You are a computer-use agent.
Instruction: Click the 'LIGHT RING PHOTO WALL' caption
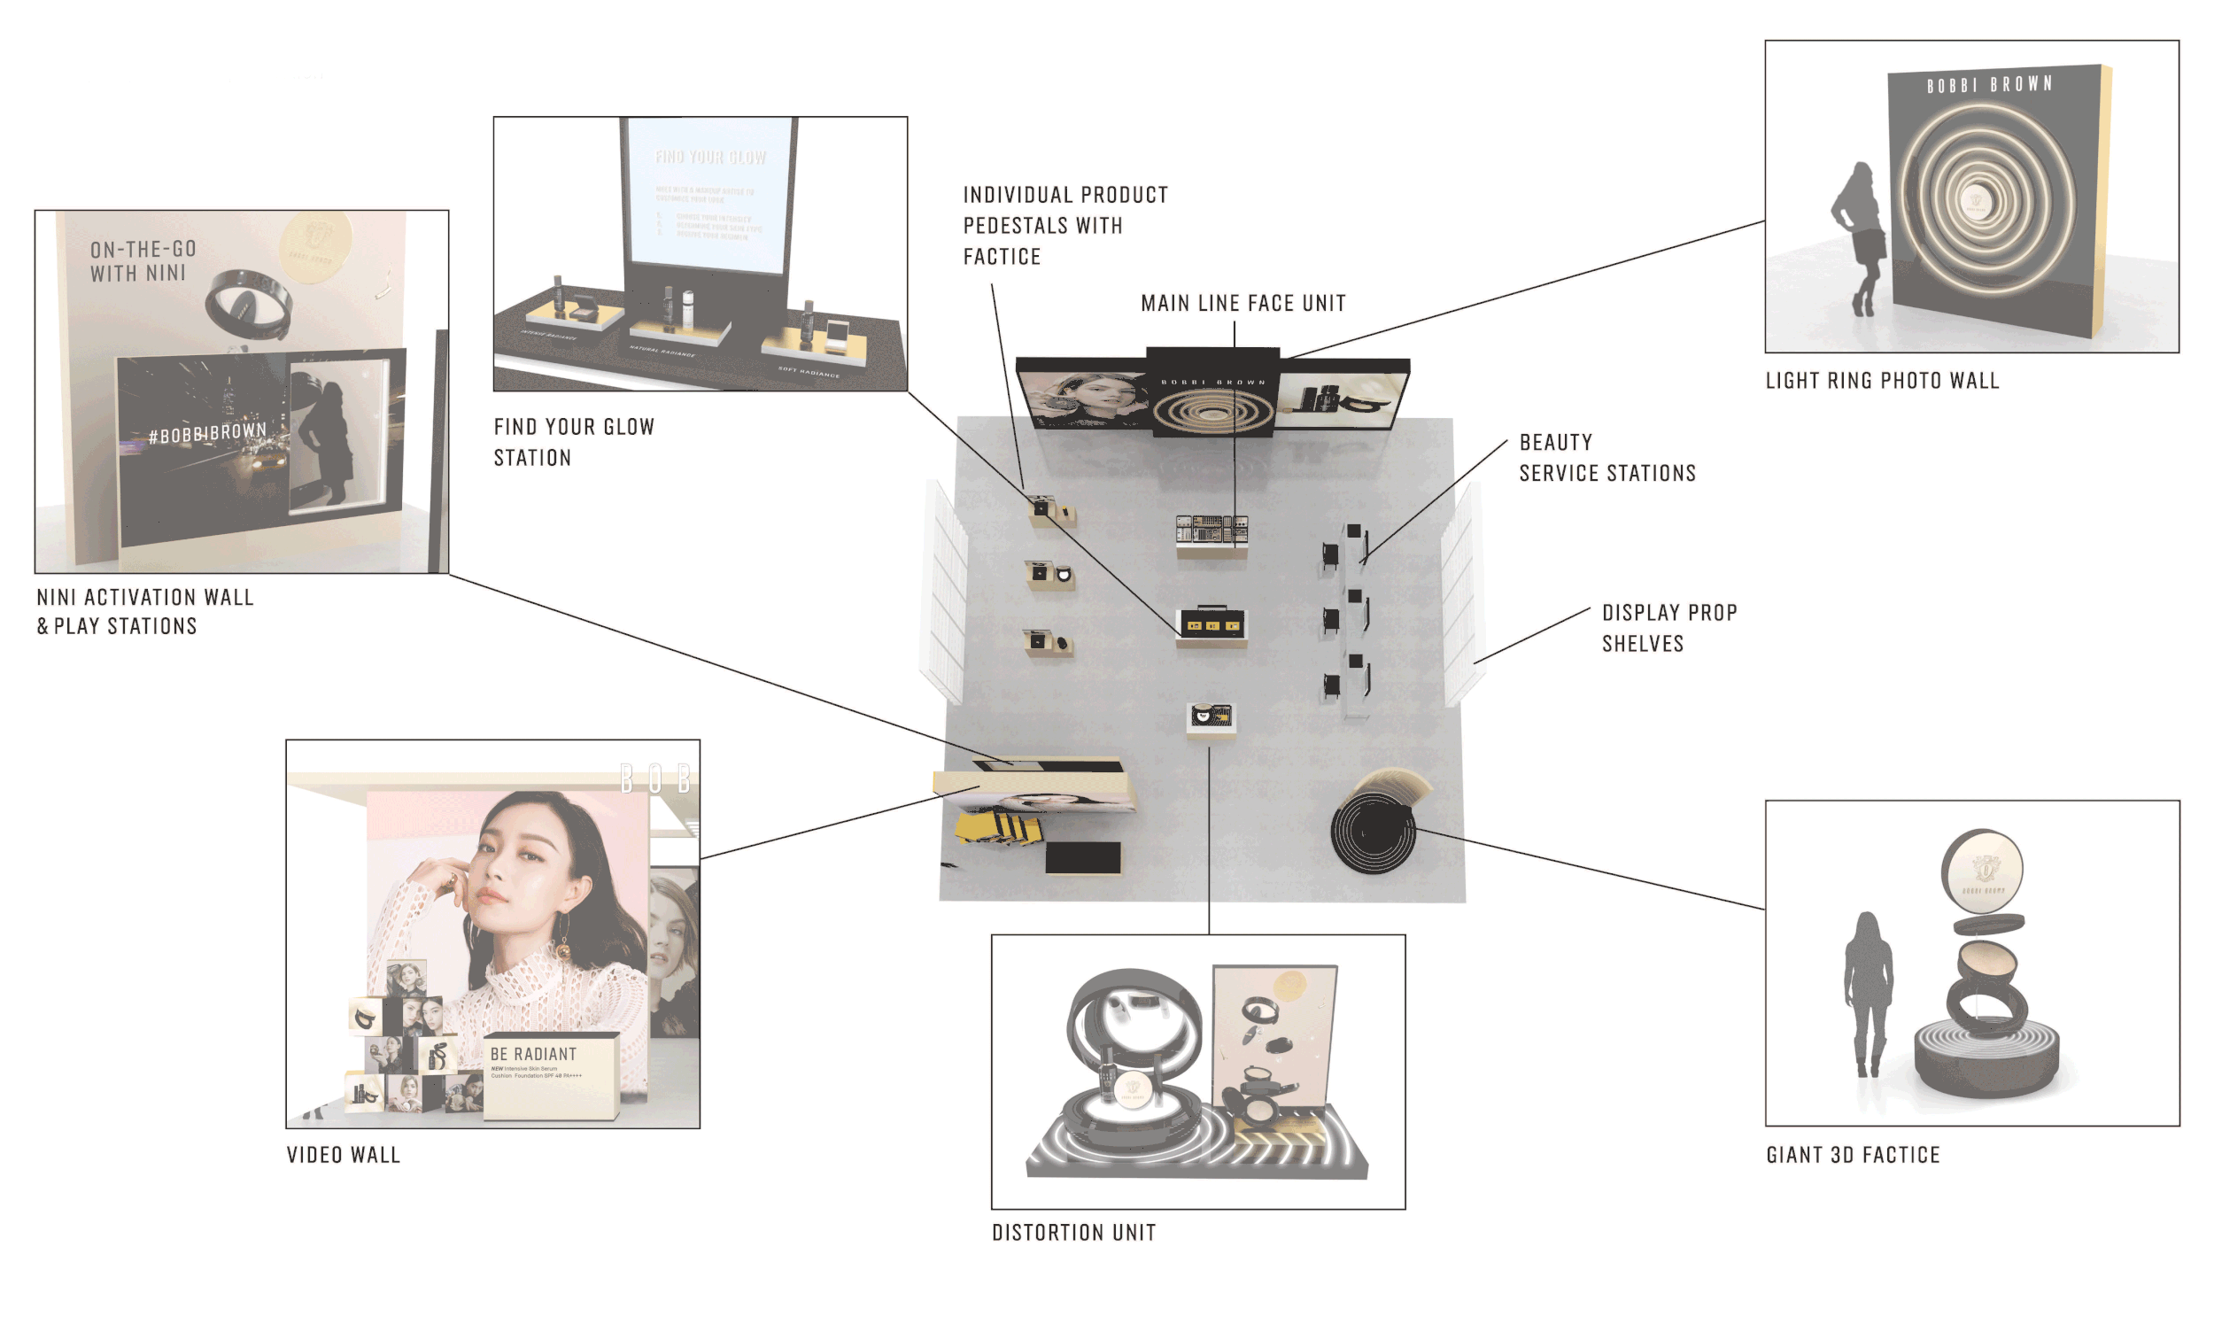tap(1881, 381)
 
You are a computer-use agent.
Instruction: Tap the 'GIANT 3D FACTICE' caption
tap(1853, 1155)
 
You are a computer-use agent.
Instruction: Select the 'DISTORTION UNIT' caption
tap(1073, 1234)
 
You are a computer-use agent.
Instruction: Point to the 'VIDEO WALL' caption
tap(343, 1155)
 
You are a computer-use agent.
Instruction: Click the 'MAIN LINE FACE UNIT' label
tap(1243, 304)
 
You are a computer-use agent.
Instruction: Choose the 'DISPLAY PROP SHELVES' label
tap(1668, 627)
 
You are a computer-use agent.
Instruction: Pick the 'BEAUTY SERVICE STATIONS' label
tap(1606, 458)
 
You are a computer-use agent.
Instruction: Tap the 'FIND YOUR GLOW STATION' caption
tap(574, 442)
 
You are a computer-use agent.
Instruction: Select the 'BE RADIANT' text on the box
tap(533, 1054)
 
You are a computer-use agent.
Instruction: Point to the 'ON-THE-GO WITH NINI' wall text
tap(143, 261)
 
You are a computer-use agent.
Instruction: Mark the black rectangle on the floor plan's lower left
tap(1082, 857)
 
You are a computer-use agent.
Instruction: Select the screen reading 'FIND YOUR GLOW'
tap(709, 193)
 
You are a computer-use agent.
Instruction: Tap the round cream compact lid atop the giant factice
tap(1982, 871)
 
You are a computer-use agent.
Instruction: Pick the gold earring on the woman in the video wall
tap(563, 945)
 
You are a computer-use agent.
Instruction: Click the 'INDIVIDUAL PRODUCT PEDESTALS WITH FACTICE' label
tap(1064, 225)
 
